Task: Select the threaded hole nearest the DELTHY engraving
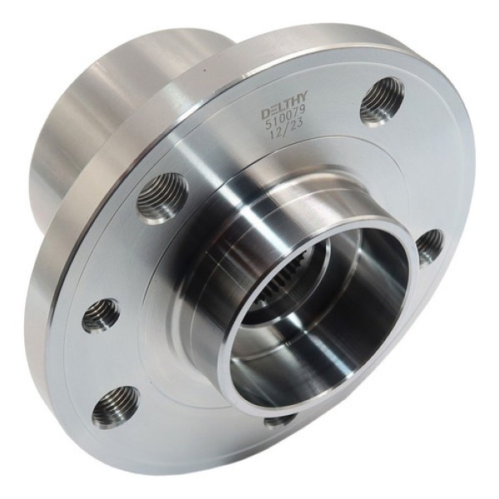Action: (x=382, y=100)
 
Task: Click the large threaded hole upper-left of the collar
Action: (x=163, y=197)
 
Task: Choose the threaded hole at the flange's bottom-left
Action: (x=116, y=406)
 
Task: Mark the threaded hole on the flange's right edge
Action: (x=429, y=245)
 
